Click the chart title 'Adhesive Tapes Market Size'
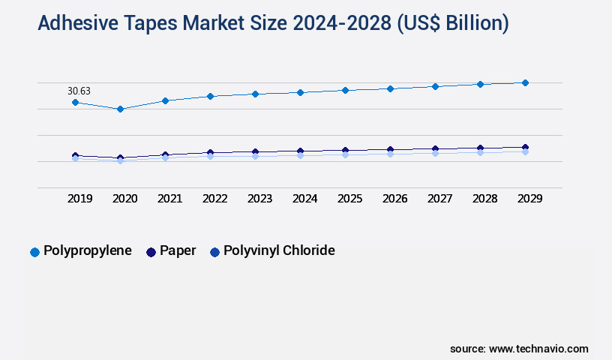pyautogui.click(x=273, y=23)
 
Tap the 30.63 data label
pyautogui.click(x=79, y=91)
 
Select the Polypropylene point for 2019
pyautogui.click(x=75, y=102)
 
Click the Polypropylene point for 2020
pyautogui.click(x=120, y=109)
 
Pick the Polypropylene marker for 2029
pyautogui.click(x=525, y=82)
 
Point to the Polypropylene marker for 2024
pyautogui.click(x=300, y=92)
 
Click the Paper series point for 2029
pyautogui.click(x=525, y=147)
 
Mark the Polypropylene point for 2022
pyautogui.click(x=210, y=96)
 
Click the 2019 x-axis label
pyautogui.click(x=80, y=199)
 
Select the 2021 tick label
pyautogui.click(x=170, y=199)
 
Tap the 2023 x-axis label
pyautogui.click(x=260, y=199)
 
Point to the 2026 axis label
pyautogui.click(x=395, y=199)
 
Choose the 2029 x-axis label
pyautogui.click(x=530, y=199)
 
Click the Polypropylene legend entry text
pyautogui.click(x=88, y=250)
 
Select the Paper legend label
pyautogui.click(x=178, y=250)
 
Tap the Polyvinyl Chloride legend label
pyautogui.click(x=279, y=250)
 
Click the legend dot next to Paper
pyautogui.click(x=151, y=252)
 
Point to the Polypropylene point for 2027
pyautogui.click(x=435, y=86)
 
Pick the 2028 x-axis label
pyautogui.click(x=485, y=199)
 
